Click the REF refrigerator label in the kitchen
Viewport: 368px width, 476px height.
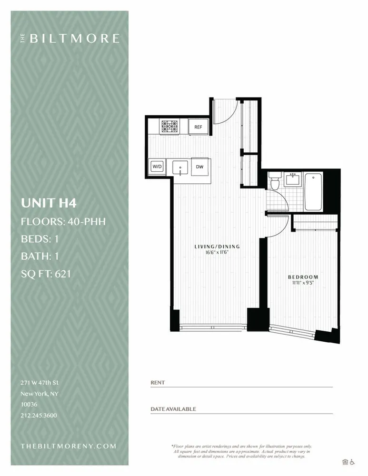[198, 127]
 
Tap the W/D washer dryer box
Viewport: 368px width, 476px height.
[157, 167]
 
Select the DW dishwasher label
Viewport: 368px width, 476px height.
[199, 167]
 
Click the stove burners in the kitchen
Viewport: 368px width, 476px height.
[170, 126]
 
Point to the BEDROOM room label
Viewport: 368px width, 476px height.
[303, 277]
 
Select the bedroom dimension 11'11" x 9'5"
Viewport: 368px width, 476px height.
[303, 283]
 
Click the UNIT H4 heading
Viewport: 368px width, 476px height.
[49, 203]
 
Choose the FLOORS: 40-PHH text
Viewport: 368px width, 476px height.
[63, 221]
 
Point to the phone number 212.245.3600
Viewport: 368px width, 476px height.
[39, 415]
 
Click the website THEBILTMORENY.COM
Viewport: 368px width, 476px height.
[69, 446]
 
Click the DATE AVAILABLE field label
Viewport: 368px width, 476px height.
[173, 409]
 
